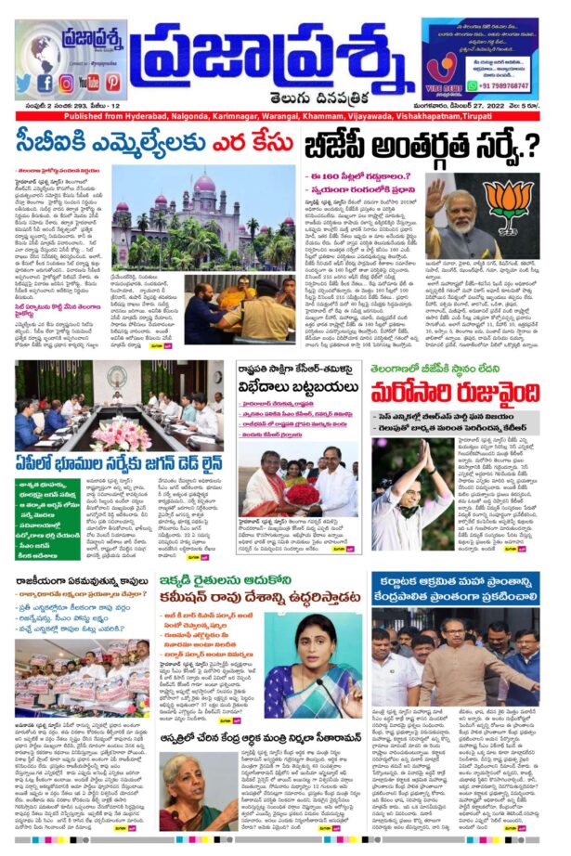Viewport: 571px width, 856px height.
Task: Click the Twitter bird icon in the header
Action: click(x=23, y=83)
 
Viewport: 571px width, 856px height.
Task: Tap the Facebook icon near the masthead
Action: click(x=45, y=83)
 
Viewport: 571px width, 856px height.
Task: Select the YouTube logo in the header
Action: click(x=89, y=83)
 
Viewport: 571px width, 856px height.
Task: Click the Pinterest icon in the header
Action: click(x=112, y=83)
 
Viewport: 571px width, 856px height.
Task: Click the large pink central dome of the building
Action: click(x=203, y=184)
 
